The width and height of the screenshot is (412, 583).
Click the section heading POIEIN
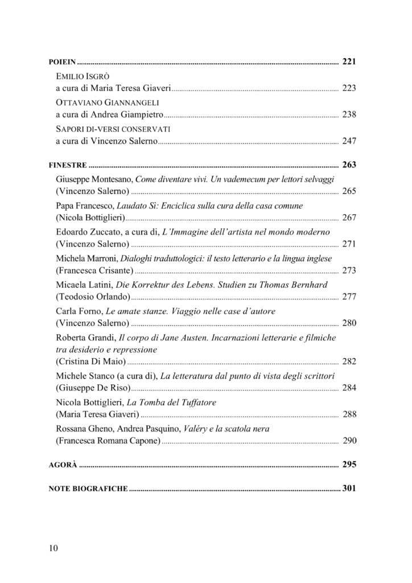(x=63, y=60)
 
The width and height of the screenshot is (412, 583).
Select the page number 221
(x=349, y=60)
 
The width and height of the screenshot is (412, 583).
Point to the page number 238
(x=349, y=114)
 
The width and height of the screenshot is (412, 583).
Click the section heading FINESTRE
(x=68, y=166)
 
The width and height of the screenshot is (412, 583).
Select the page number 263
(x=349, y=165)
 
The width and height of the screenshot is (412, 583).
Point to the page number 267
(x=349, y=218)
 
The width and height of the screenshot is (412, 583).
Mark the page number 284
(x=349, y=388)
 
